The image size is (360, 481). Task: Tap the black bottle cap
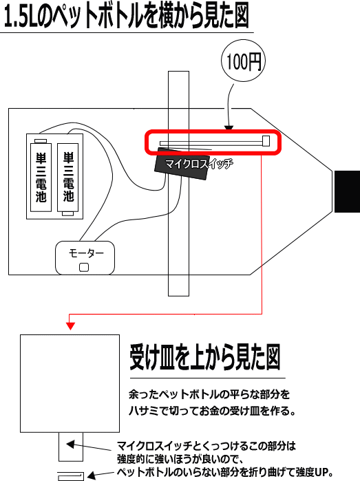[347, 191]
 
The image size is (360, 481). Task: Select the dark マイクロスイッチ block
[181, 164]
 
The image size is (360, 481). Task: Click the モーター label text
[86, 253]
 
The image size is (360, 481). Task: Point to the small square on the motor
[84, 268]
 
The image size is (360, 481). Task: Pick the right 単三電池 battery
[68, 179]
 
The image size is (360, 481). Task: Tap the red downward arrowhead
[71, 326]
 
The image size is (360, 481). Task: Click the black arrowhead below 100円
[229, 128]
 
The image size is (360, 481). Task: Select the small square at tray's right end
[266, 141]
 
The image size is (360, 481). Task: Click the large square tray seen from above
[70, 383]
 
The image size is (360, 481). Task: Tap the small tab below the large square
[71, 447]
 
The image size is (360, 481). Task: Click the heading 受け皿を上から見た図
[205, 358]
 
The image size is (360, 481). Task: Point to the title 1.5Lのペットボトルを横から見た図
[127, 16]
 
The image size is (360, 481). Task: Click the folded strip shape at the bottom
[71, 476]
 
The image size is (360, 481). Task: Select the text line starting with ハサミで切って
[212, 411]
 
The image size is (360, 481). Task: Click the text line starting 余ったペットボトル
[209, 394]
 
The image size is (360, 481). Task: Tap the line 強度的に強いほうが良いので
[180, 459]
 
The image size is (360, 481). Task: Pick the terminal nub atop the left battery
[41, 141]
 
